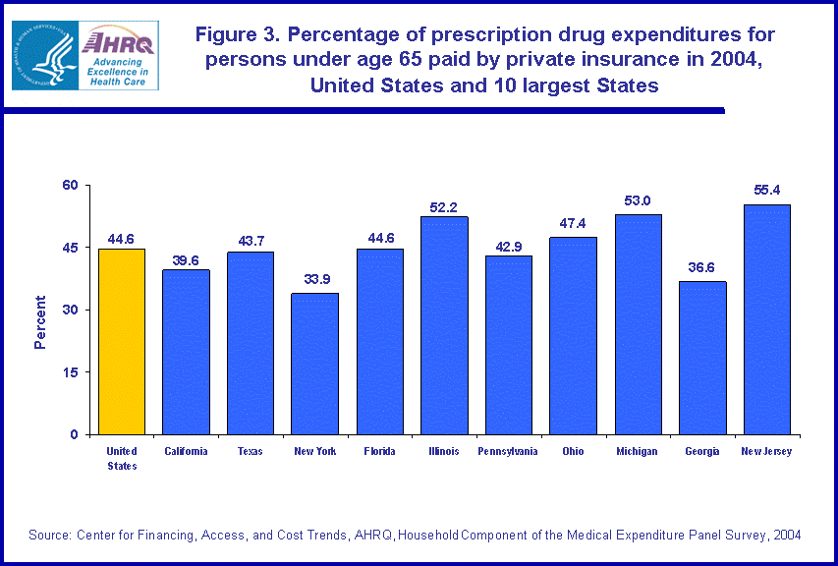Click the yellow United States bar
click(122, 341)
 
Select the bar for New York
click(315, 364)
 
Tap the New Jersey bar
click(767, 319)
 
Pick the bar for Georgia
click(702, 358)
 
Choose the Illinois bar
click(444, 325)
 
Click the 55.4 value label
click(767, 190)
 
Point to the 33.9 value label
click(315, 279)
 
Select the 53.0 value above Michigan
click(638, 200)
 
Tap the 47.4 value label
click(574, 223)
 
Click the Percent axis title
click(40, 322)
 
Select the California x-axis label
click(186, 451)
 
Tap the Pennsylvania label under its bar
click(508, 451)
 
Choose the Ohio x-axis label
click(574, 451)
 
